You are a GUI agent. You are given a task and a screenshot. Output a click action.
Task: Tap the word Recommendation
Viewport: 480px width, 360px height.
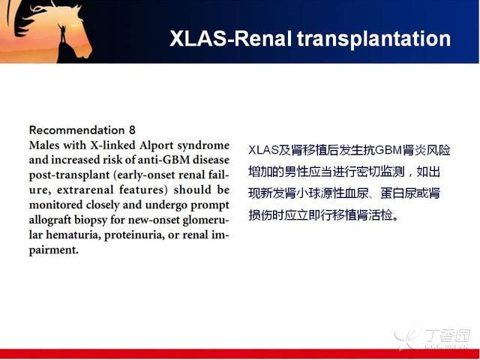76,130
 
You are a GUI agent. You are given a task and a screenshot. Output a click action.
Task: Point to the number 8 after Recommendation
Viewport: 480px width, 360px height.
132,130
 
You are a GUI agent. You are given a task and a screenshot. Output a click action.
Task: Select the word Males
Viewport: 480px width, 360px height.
43,145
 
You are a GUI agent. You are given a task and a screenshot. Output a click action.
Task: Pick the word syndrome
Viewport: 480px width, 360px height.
203,145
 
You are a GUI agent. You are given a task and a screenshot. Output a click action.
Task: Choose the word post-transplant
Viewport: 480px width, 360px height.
69,175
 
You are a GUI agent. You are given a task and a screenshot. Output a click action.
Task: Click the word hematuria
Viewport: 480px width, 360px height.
73,235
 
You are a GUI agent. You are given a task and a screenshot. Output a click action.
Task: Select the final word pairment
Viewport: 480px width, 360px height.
53,250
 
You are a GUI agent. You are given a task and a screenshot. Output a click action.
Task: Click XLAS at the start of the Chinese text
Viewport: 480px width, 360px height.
263,150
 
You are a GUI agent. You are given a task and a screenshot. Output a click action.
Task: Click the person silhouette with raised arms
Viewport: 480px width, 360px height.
62,34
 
